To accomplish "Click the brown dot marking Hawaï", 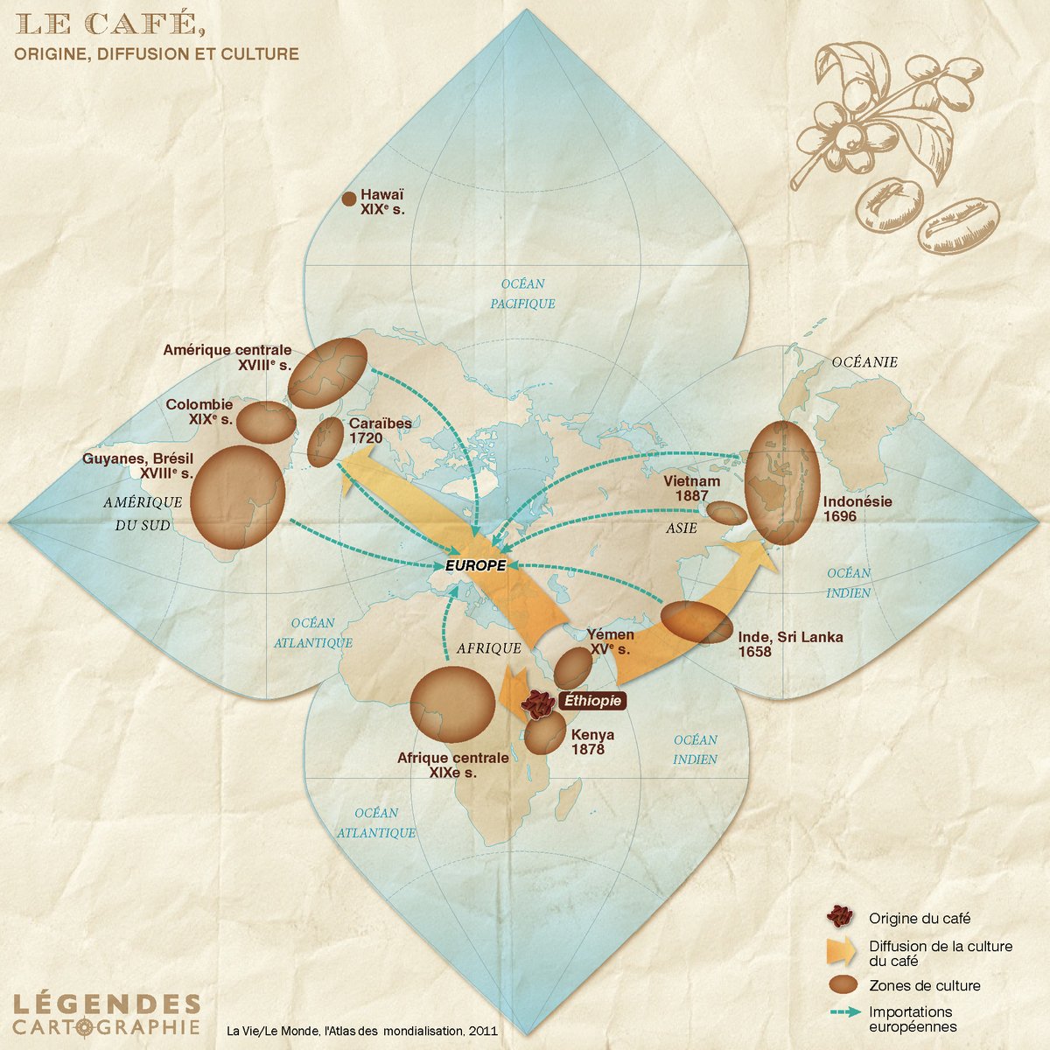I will [x=348, y=199].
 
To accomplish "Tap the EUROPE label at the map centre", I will [x=475, y=565].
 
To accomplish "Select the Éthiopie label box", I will [x=592, y=701].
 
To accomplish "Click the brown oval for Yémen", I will [x=574, y=668].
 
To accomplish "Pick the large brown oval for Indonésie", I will [x=782, y=482].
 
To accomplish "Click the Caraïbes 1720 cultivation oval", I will [x=326, y=440].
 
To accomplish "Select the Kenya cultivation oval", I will [x=544, y=734].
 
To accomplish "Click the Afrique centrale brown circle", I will [x=453, y=704].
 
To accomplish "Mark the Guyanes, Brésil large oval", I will [x=238, y=495].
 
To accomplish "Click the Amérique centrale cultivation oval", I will [x=327, y=373].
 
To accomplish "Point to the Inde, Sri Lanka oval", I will [x=696, y=623].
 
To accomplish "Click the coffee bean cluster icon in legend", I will [x=841, y=917].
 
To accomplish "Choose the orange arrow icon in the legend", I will [x=841, y=952].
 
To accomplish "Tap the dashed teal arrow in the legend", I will [x=841, y=1012].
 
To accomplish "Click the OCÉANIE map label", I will [x=864, y=362].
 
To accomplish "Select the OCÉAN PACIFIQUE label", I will [x=522, y=294].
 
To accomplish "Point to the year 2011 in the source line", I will [x=481, y=1031].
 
